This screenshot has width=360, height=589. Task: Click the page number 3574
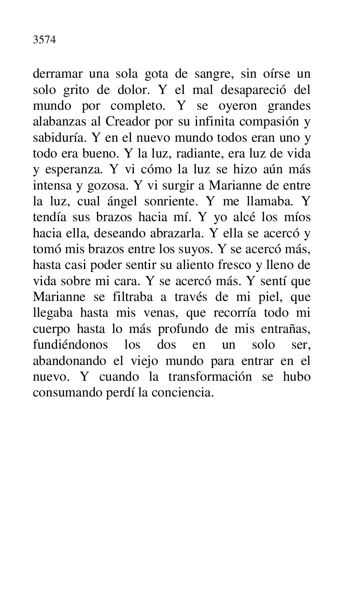pyautogui.click(x=44, y=40)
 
